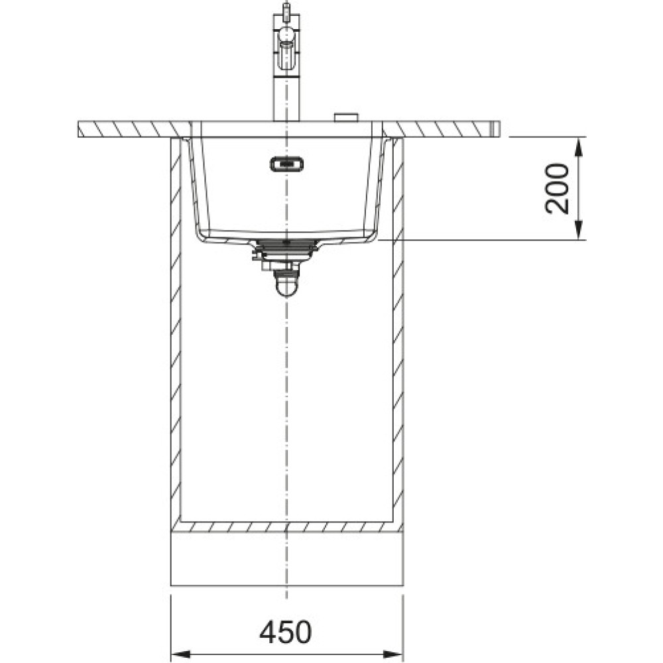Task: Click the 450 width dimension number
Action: click(x=285, y=632)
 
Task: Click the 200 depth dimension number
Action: click(x=557, y=188)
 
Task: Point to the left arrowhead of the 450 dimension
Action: click(x=180, y=652)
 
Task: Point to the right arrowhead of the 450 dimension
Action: click(x=393, y=652)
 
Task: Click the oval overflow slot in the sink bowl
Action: click(x=286, y=164)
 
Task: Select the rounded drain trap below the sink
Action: click(x=286, y=282)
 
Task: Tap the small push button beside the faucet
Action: click(x=347, y=117)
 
